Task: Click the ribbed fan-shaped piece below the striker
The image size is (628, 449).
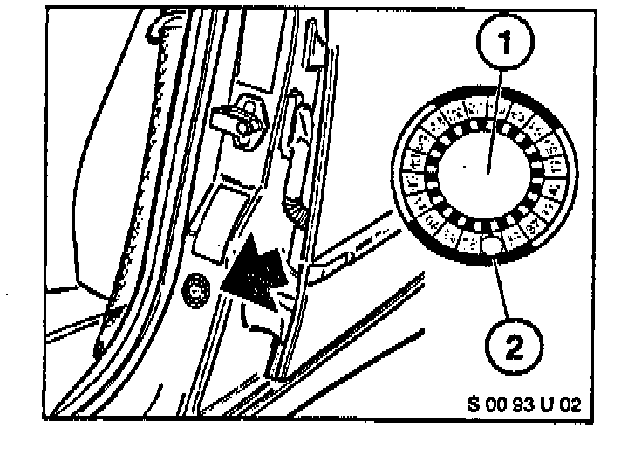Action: click(x=291, y=211)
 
